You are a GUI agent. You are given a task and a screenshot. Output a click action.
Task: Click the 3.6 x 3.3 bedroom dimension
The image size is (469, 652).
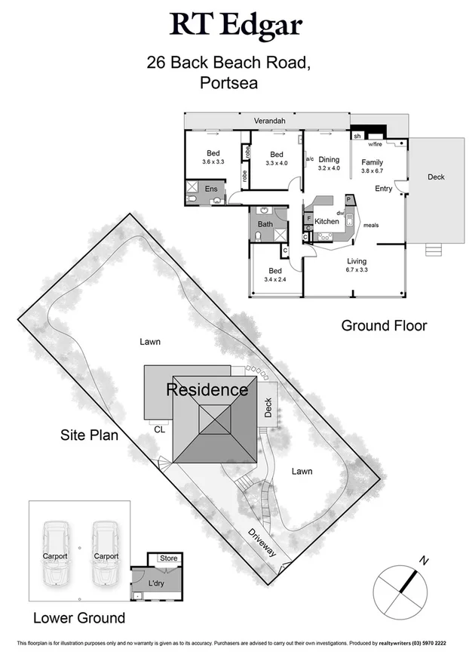[213, 161]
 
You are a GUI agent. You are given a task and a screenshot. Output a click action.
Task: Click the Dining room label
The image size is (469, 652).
[330, 159]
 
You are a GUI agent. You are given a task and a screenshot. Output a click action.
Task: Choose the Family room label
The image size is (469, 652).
[372, 162]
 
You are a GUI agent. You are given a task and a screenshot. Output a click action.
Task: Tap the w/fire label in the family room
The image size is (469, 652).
[375, 144]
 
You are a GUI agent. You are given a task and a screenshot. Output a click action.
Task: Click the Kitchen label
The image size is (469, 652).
[326, 221]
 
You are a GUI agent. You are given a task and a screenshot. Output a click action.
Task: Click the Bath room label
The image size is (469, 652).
[265, 224]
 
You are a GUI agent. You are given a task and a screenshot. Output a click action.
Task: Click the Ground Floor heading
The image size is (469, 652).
[384, 326]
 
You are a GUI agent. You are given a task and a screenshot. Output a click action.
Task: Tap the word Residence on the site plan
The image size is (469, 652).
[207, 390]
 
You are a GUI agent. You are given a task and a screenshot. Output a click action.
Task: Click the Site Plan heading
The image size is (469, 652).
[89, 436]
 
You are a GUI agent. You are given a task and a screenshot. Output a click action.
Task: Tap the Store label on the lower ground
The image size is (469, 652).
[169, 559]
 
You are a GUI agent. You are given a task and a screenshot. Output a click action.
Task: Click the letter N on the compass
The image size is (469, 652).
[425, 561]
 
